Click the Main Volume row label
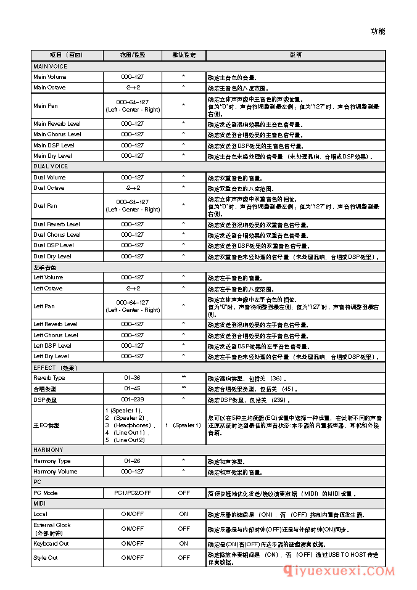pyautogui.click(x=50, y=77)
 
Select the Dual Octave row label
pyautogui.click(x=49, y=188)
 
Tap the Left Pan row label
pyautogui.click(x=44, y=306)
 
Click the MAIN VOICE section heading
pyautogui.click(x=51, y=66)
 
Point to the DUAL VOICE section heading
pyautogui.click(x=51, y=166)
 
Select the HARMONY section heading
pyautogui.click(x=48, y=450)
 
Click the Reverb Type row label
pyautogui.click(x=49, y=378)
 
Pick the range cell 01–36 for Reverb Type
pyautogui.click(x=132, y=378)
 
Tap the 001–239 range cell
pyautogui.click(x=132, y=400)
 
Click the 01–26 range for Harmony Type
pyautogui.click(x=132, y=461)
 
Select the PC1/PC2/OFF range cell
pyautogui.click(x=132, y=493)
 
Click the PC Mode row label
pyautogui.click(x=46, y=493)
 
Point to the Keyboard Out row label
pyautogui.click(x=51, y=544)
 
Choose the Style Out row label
pyautogui.click(x=46, y=557)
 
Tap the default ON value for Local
pyautogui.click(x=184, y=514)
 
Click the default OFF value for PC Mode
pyautogui.click(x=184, y=493)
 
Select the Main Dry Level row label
pyautogui.click(x=52, y=156)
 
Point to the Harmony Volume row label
pyautogui.click(x=56, y=472)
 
